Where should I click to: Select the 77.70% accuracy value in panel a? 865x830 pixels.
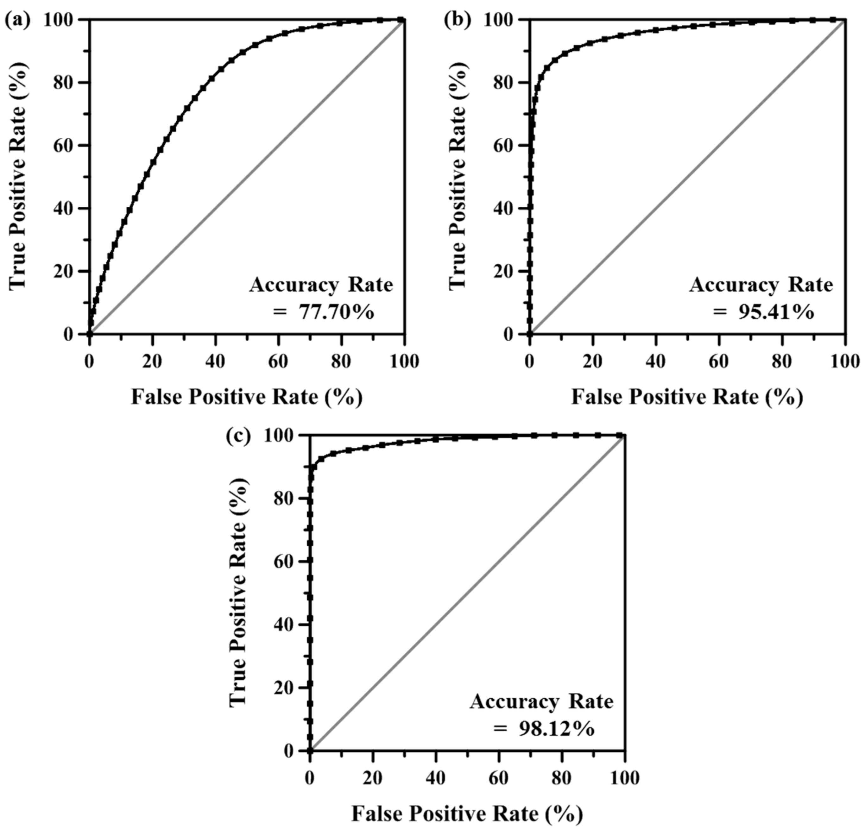click(x=336, y=313)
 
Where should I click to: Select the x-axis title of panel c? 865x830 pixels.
click(x=467, y=813)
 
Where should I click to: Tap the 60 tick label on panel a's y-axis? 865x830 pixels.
click(x=63, y=146)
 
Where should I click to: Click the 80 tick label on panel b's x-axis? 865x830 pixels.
click(x=782, y=362)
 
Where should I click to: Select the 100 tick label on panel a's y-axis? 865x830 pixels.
click(x=58, y=20)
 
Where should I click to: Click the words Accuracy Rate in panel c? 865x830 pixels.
click(x=541, y=701)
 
